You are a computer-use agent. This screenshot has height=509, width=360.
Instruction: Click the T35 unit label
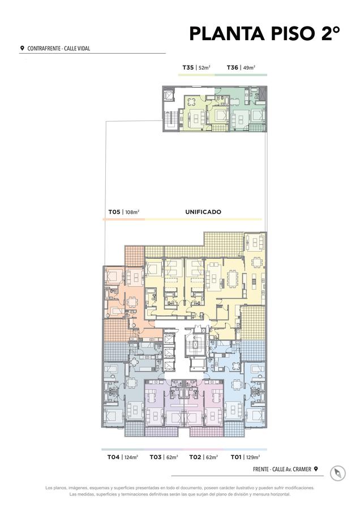point(188,67)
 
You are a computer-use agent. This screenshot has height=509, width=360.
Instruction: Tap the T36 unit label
point(233,67)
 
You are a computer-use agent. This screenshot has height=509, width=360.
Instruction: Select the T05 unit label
point(114,212)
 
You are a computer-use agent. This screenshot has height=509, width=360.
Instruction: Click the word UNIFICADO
point(203,212)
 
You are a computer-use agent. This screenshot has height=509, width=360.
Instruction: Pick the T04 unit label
point(113,457)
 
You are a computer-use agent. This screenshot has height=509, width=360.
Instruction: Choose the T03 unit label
point(156,457)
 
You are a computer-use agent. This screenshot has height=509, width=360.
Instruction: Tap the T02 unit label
point(195,457)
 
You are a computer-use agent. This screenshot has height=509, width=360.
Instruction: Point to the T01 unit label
point(236,457)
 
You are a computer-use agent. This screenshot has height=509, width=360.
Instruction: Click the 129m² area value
point(253,458)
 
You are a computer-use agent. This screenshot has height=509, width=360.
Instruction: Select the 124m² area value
point(131,458)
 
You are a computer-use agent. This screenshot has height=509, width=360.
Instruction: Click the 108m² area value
point(132,212)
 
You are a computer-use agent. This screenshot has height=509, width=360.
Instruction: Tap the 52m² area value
point(205,68)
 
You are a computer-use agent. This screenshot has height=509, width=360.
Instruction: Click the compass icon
point(337,473)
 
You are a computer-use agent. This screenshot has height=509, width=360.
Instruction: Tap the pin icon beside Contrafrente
point(22,48)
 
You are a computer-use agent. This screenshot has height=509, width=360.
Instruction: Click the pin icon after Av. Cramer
point(315,469)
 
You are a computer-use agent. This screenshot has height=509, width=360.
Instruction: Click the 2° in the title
point(331,33)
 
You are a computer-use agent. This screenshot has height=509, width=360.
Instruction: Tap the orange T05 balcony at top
point(134,256)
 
